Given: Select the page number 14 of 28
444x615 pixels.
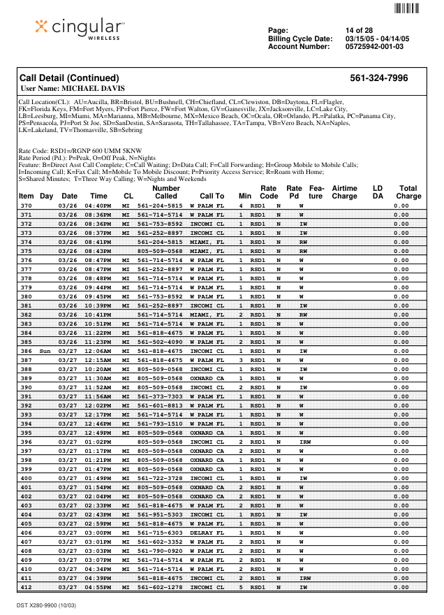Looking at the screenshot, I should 359,30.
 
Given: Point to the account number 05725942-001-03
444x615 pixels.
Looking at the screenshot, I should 374,46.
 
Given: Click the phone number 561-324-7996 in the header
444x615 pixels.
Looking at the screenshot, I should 378,78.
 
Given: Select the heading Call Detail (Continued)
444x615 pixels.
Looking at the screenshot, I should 69,78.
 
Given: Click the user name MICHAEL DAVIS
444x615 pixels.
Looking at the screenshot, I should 94,89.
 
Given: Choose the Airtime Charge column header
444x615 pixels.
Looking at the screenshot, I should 344,192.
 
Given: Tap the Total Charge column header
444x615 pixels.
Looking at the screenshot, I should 408,192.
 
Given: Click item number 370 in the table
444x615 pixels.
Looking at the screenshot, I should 26,206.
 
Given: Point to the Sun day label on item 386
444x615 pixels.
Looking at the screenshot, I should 46,351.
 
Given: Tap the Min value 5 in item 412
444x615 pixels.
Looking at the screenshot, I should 241,588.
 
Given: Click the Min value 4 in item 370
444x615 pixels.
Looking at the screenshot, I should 241,206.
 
